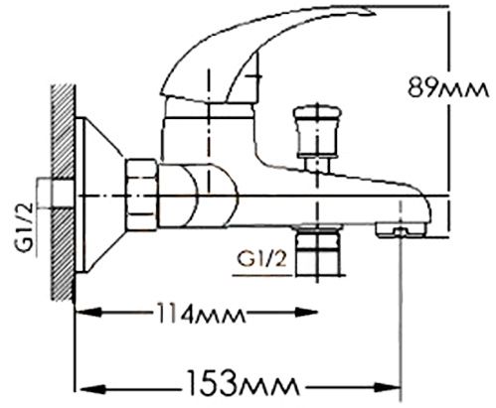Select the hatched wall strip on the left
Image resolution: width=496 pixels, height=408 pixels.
62,189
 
